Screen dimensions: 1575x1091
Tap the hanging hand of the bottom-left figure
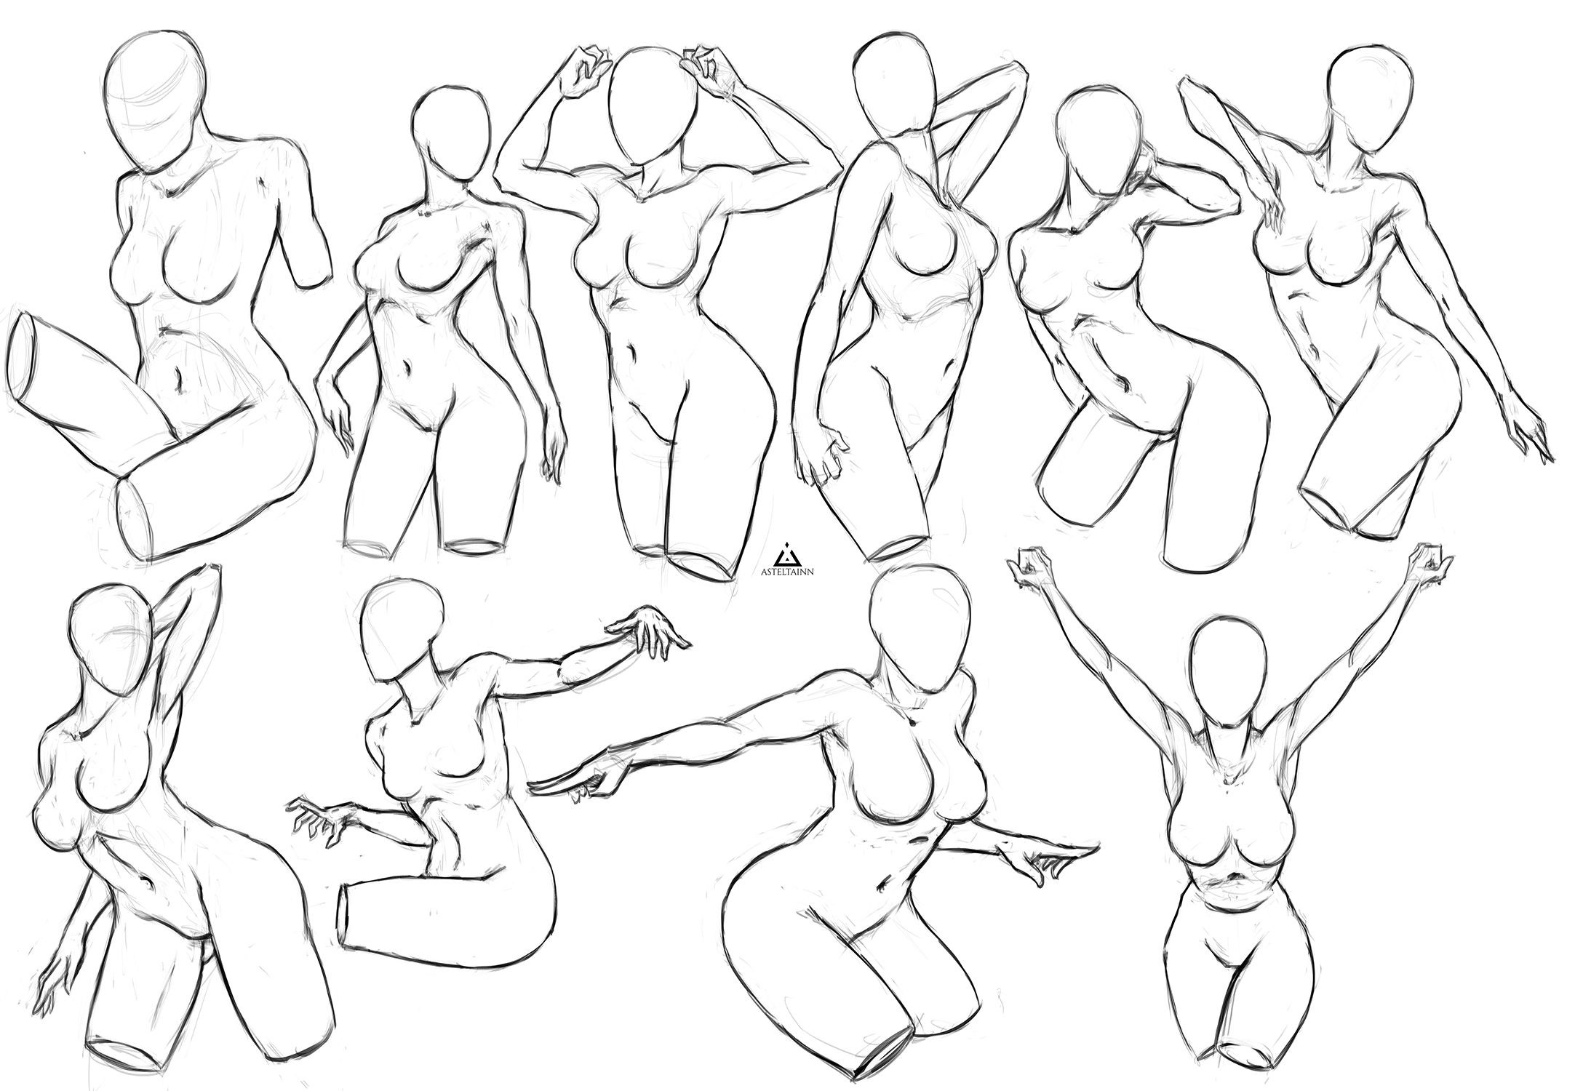click(x=55, y=978)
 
